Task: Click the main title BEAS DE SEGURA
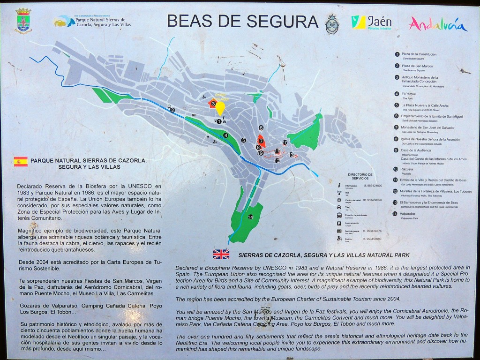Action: tap(242, 21)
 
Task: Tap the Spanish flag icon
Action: tap(21, 162)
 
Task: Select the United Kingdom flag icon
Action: tap(221, 254)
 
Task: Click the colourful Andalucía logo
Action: tap(438, 24)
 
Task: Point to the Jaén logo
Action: tap(372, 22)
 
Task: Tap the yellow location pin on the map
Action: tap(220, 108)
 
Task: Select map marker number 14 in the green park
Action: tap(250, 217)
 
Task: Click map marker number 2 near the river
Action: tap(172, 110)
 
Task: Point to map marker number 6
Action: tap(261, 127)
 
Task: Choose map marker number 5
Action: tap(244, 140)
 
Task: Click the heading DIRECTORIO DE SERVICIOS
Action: tap(360, 176)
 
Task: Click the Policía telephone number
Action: tap(372, 239)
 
